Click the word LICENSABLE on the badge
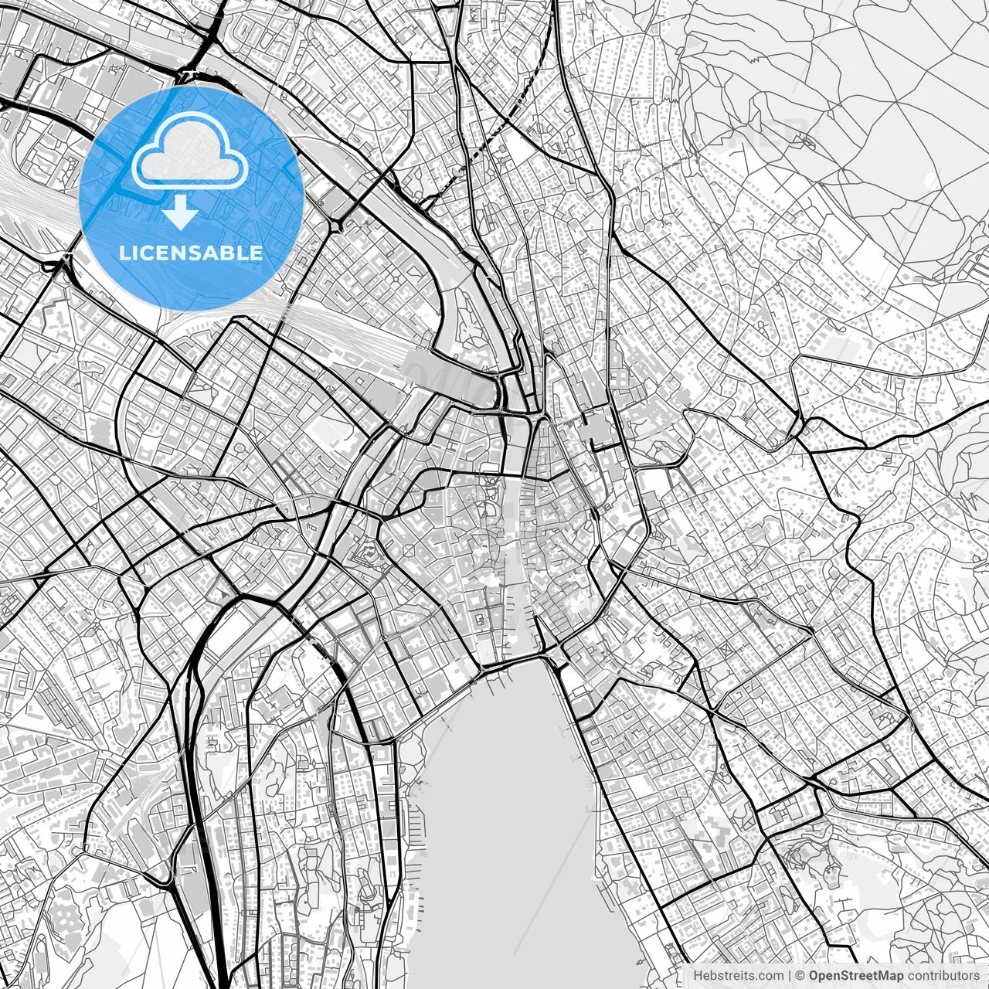pyautogui.click(x=190, y=253)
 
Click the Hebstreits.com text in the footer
pyautogui.click(x=738, y=976)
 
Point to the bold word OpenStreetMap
pyautogui.click(x=856, y=976)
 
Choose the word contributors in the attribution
pyautogui.click(x=943, y=976)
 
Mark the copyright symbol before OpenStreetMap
pyautogui.click(x=800, y=976)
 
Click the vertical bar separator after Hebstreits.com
pyautogui.click(x=789, y=976)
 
